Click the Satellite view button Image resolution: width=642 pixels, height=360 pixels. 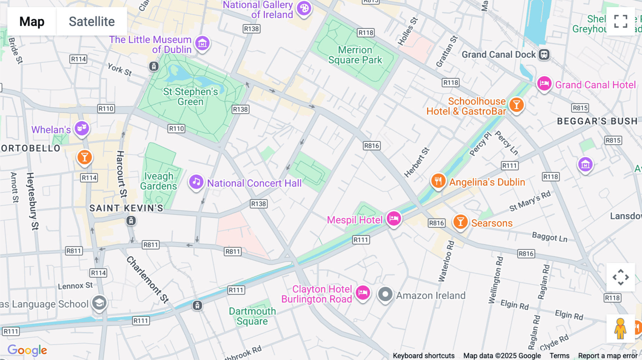[x=92, y=21]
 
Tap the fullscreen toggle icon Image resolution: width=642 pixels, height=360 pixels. [x=621, y=21]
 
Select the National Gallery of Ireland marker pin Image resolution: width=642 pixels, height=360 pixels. [x=304, y=9]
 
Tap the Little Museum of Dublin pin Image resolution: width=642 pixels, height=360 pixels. [x=202, y=43]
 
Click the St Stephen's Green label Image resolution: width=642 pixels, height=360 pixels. [x=190, y=97]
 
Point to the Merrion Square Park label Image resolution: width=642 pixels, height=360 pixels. [x=355, y=55]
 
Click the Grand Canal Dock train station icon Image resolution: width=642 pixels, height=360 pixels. [x=544, y=55]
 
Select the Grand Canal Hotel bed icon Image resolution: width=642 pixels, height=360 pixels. [x=544, y=84]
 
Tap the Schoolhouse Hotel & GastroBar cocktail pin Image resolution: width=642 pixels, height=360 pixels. [x=516, y=105]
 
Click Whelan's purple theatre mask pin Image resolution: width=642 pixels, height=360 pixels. [x=82, y=128]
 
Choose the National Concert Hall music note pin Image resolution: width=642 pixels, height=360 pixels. [x=196, y=182]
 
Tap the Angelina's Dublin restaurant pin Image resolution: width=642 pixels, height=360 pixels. [x=438, y=181]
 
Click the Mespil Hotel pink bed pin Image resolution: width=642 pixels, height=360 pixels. [x=394, y=218]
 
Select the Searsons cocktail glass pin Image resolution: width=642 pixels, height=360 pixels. [x=460, y=222]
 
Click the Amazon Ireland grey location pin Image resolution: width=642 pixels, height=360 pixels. [x=385, y=294]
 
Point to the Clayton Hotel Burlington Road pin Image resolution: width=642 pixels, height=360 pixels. [x=363, y=293]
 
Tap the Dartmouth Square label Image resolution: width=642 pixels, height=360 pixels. [x=252, y=316]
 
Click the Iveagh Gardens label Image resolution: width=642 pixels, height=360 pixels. [x=158, y=181]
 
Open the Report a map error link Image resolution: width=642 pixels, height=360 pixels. [x=608, y=356]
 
